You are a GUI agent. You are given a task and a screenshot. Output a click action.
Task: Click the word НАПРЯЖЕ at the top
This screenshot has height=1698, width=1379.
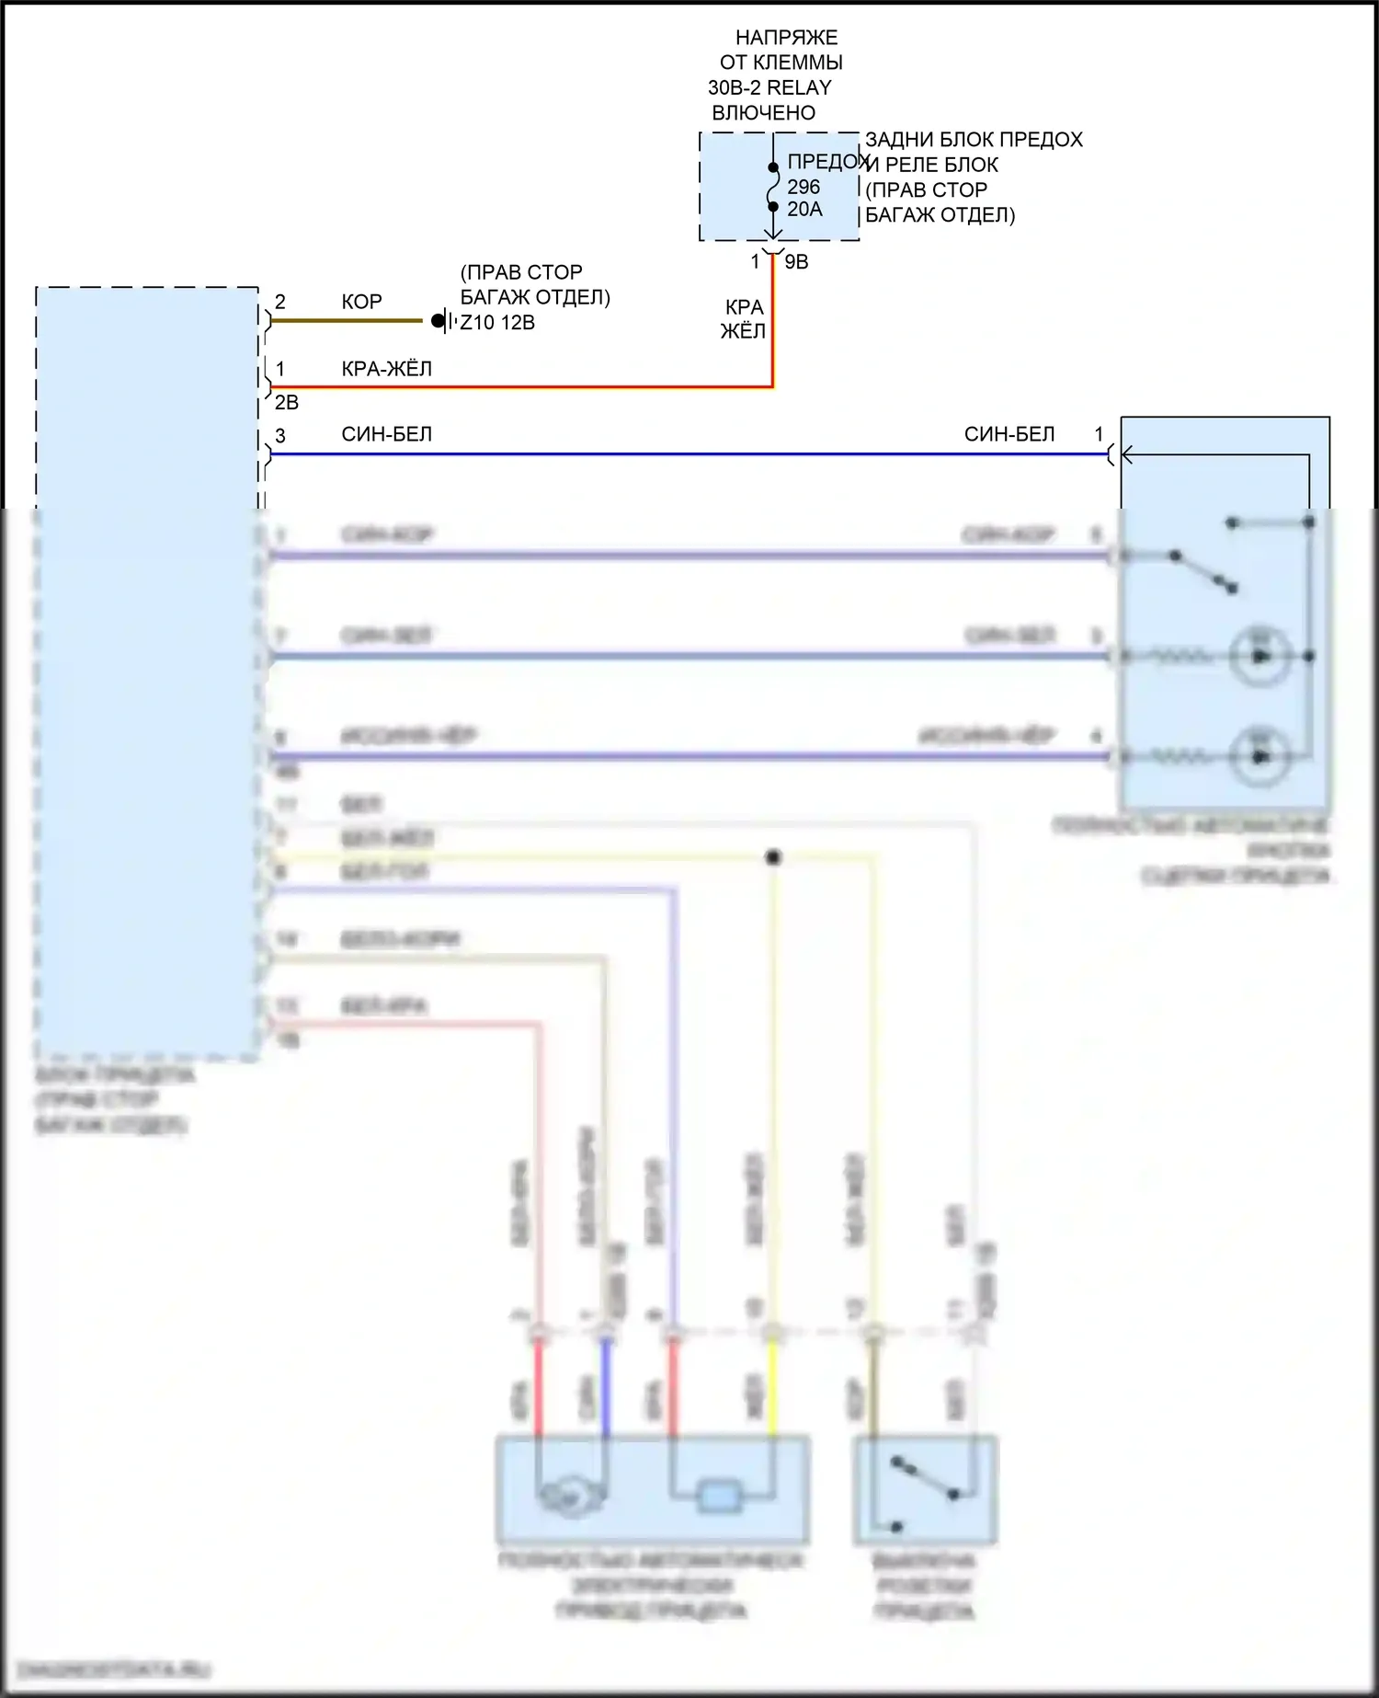(x=786, y=38)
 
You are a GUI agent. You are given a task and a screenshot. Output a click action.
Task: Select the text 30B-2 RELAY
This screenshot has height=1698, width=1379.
(x=769, y=88)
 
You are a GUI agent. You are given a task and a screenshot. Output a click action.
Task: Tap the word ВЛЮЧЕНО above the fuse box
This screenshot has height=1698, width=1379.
(x=763, y=113)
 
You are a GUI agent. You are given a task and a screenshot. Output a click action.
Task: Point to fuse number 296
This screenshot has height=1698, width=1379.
(x=803, y=187)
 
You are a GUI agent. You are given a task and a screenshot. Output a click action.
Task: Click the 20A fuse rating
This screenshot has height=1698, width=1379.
(x=804, y=210)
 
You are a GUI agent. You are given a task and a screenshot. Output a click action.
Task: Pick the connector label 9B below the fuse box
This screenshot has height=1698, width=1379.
(x=796, y=262)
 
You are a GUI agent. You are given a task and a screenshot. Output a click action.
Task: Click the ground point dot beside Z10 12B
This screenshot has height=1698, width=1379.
(x=439, y=321)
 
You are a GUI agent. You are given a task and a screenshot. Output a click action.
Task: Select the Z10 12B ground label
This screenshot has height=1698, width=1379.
(x=497, y=323)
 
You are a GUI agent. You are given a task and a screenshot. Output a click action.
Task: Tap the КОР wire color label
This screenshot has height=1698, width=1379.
(x=361, y=302)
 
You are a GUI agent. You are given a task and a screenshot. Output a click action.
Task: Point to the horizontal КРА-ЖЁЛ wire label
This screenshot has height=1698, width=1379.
(x=386, y=369)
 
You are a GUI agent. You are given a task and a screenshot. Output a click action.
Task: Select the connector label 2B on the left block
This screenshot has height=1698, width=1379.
(x=287, y=403)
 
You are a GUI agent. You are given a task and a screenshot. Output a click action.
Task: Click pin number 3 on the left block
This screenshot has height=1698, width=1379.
(x=280, y=435)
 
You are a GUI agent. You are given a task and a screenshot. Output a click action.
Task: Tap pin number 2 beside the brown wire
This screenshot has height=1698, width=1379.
(x=280, y=302)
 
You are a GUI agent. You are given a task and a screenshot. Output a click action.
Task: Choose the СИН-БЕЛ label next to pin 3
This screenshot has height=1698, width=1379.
(x=386, y=434)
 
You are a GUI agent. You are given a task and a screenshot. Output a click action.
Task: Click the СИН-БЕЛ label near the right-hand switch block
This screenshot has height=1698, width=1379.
(x=1009, y=434)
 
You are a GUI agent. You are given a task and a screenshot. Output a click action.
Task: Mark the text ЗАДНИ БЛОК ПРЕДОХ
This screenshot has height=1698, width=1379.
(x=974, y=140)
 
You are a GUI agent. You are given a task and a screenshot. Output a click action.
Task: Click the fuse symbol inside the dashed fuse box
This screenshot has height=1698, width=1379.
(x=773, y=188)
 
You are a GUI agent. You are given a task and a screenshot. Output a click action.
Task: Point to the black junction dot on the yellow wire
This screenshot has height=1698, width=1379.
(x=773, y=857)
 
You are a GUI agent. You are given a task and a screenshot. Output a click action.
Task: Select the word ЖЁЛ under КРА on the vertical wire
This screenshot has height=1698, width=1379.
(x=743, y=331)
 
